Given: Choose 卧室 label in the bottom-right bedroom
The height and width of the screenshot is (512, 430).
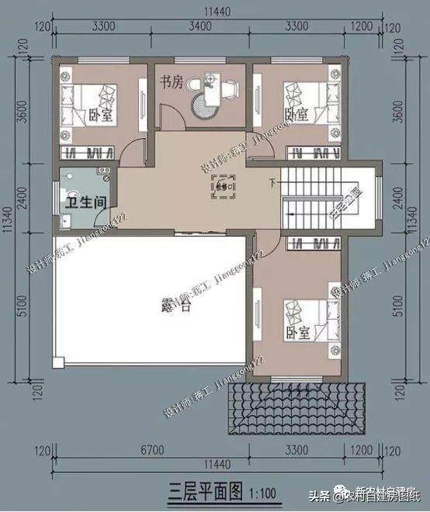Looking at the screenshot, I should tap(298, 333).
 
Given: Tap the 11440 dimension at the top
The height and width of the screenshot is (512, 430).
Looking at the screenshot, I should tap(215, 9).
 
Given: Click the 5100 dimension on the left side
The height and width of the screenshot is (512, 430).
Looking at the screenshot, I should tap(23, 308).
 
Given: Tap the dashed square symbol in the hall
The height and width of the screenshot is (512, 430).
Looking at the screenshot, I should tap(221, 188).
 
